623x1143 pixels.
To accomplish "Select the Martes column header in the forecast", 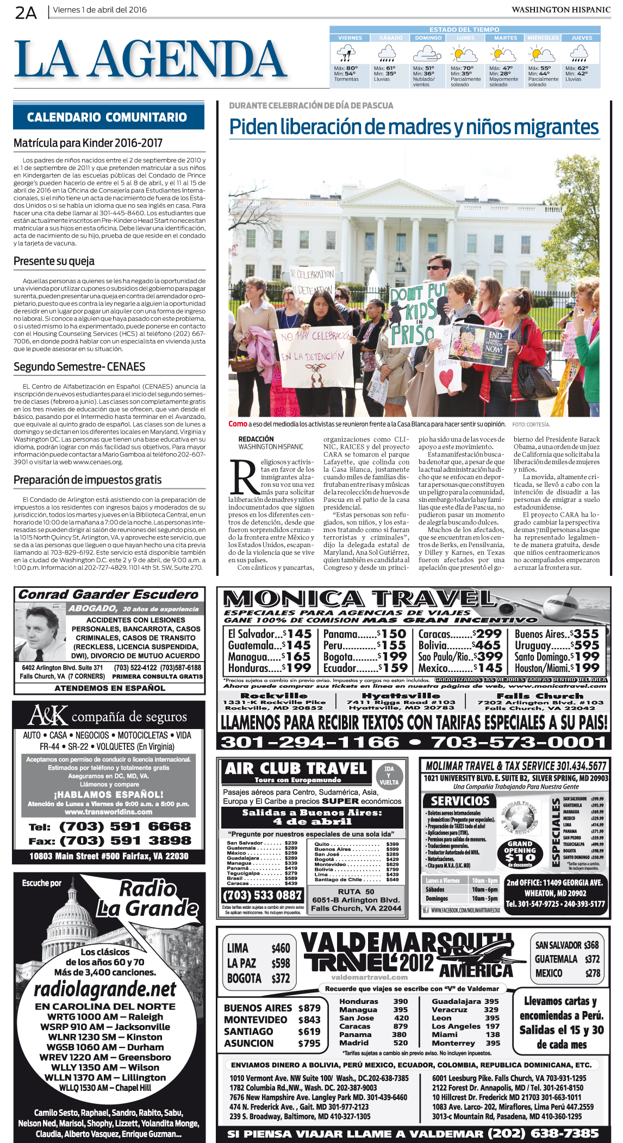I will pyautogui.click(x=505, y=37).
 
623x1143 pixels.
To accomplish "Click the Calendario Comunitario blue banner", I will pyautogui.click(x=108, y=117).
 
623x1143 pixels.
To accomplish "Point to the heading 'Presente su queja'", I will pyautogui.click(x=54, y=261).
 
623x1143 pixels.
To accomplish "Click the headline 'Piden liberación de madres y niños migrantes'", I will pyautogui.click(x=414, y=127).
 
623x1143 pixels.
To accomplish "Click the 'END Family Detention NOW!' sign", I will pyautogui.click(x=481, y=344).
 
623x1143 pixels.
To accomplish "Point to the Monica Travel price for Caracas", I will pyautogui.click(x=487, y=634).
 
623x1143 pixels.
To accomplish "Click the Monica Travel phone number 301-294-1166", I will pyautogui.click(x=309, y=742).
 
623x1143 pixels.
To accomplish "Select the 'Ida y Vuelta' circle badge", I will pyautogui.click(x=389, y=775).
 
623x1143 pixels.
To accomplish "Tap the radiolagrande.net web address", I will pyautogui.click(x=104, y=990).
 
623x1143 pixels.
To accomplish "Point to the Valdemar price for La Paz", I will pyautogui.click(x=281, y=963).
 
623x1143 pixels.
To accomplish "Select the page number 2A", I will pyautogui.click(x=26, y=12).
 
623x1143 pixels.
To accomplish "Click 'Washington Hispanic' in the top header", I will pyautogui.click(x=560, y=10).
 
